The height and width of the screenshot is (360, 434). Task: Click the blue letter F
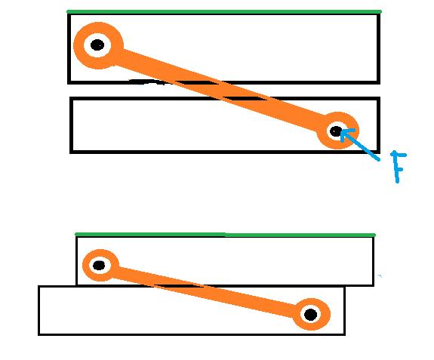(x=398, y=167)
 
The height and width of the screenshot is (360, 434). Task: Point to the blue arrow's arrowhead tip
(x=341, y=132)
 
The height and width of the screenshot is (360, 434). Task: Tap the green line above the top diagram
(x=224, y=11)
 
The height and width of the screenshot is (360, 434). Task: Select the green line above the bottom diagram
(x=226, y=235)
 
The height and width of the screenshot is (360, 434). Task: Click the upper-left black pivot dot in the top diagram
(x=97, y=45)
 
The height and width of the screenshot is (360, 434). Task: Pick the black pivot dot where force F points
(x=336, y=131)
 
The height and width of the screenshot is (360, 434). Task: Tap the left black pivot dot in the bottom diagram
(x=99, y=266)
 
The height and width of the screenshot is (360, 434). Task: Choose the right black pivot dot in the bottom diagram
(x=310, y=315)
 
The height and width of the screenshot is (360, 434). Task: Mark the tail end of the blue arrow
(x=379, y=160)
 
